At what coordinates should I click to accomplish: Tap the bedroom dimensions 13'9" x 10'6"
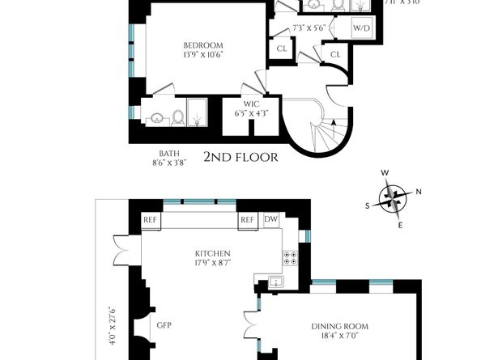[x=202, y=56]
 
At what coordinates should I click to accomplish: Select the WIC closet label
[x=251, y=104]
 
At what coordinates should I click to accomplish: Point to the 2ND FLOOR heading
[x=240, y=157]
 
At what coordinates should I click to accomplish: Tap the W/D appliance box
[x=360, y=28]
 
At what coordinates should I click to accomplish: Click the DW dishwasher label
[x=270, y=220]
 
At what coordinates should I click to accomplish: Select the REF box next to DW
[x=247, y=220]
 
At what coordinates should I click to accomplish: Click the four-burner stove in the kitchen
[x=290, y=258]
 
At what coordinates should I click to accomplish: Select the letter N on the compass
[x=419, y=192]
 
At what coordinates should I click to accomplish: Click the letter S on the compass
[x=368, y=205]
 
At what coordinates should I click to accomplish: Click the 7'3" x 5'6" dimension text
[x=308, y=28]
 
